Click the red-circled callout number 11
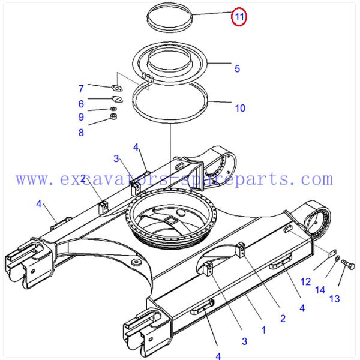pos(239,17)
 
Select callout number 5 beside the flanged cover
pos(237,68)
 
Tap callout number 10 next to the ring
pos(240,108)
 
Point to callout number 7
pos(81,89)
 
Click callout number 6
pos(81,104)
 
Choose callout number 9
pos(81,117)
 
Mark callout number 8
pos(81,133)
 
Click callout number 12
pos(305,282)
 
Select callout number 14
pos(320,290)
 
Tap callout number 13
pos(335,299)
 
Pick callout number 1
pos(264,330)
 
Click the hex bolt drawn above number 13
pos(348,264)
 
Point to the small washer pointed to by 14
pos(337,258)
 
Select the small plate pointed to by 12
pos(332,254)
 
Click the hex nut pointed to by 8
pos(113,116)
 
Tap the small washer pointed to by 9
pos(113,109)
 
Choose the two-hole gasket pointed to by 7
pos(117,88)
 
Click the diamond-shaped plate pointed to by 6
pos(117,99)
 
